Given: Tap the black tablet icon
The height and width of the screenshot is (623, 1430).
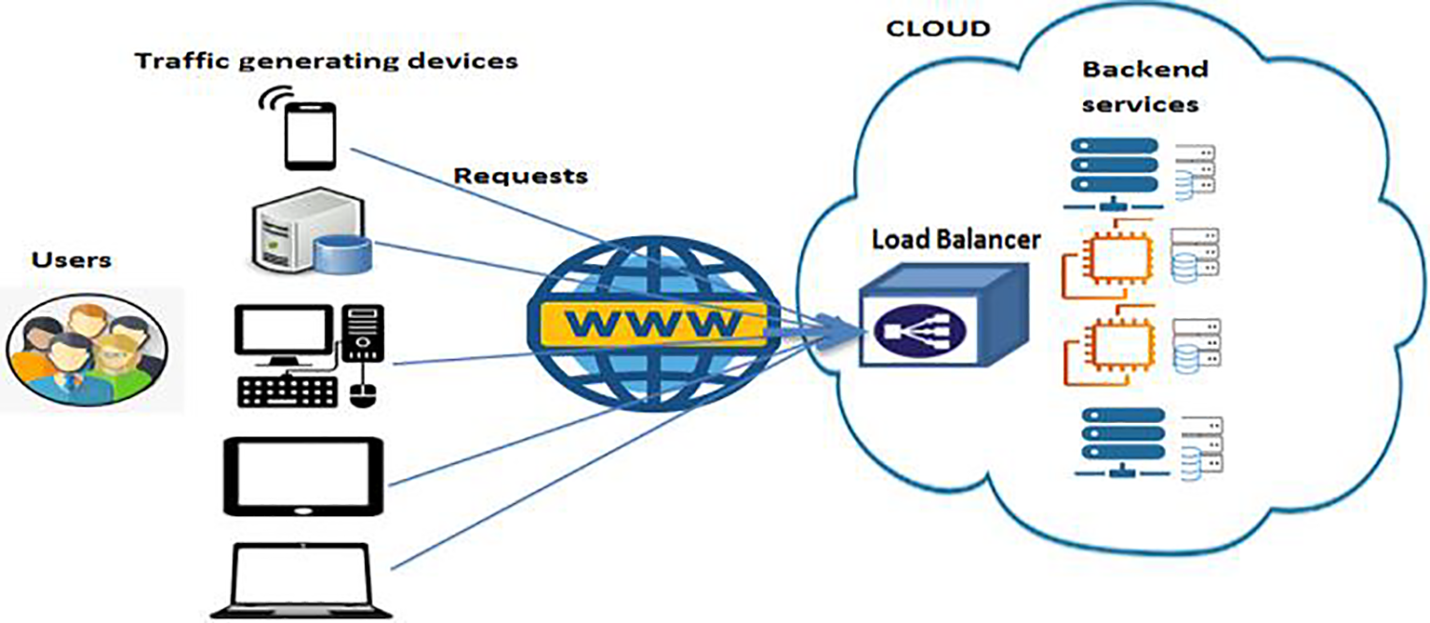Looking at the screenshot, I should (x=302, y=475).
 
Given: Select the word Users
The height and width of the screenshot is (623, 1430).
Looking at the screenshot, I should (x=71, y=260).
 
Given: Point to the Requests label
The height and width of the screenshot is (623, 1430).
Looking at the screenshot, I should (x=521, y=176).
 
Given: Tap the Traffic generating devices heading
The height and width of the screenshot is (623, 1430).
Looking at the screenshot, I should (x=326, y=62).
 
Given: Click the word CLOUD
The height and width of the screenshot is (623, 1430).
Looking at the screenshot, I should (x=938, y=29).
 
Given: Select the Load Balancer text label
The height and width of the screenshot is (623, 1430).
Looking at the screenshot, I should (x=955, y=240).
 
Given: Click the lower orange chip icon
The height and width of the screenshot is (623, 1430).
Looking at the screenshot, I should (x=1110, y=349).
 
